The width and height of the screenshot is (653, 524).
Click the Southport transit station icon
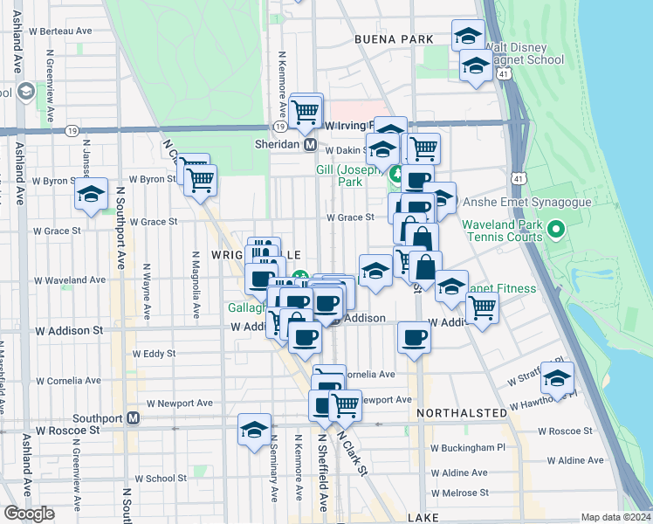pyautogui.click(x=134, y=418)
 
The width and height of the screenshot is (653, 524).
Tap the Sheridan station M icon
pyautogui.click(x=309, y=144)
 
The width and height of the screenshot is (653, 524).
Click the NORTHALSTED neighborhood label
pyautogui.click(x=460, y=411)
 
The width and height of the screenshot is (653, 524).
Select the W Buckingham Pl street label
pyautogui.click(x=470, y=447)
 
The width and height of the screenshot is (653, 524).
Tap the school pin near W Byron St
pyautogui.click(x=90, y=196)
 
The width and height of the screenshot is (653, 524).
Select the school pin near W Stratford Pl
pyautogui.click(x=557, y=378)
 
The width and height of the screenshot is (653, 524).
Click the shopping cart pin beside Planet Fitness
pyautogui.click(x=482, y=308)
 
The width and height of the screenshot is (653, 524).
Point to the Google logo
pyautogui.click(x=30, y=514)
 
